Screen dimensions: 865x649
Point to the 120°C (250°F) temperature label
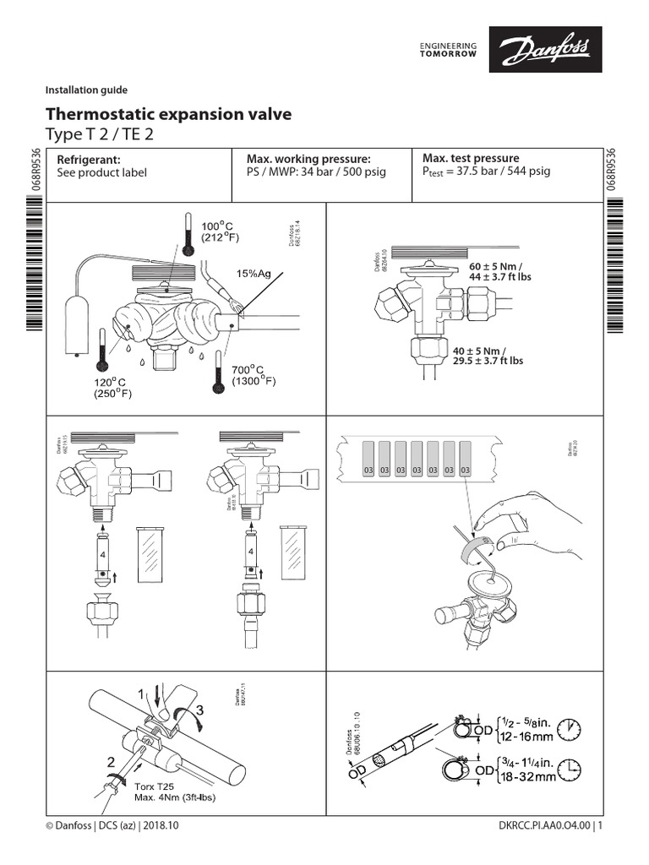(x=117, y=388)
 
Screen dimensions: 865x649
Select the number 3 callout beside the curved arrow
(x=199, y=711)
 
